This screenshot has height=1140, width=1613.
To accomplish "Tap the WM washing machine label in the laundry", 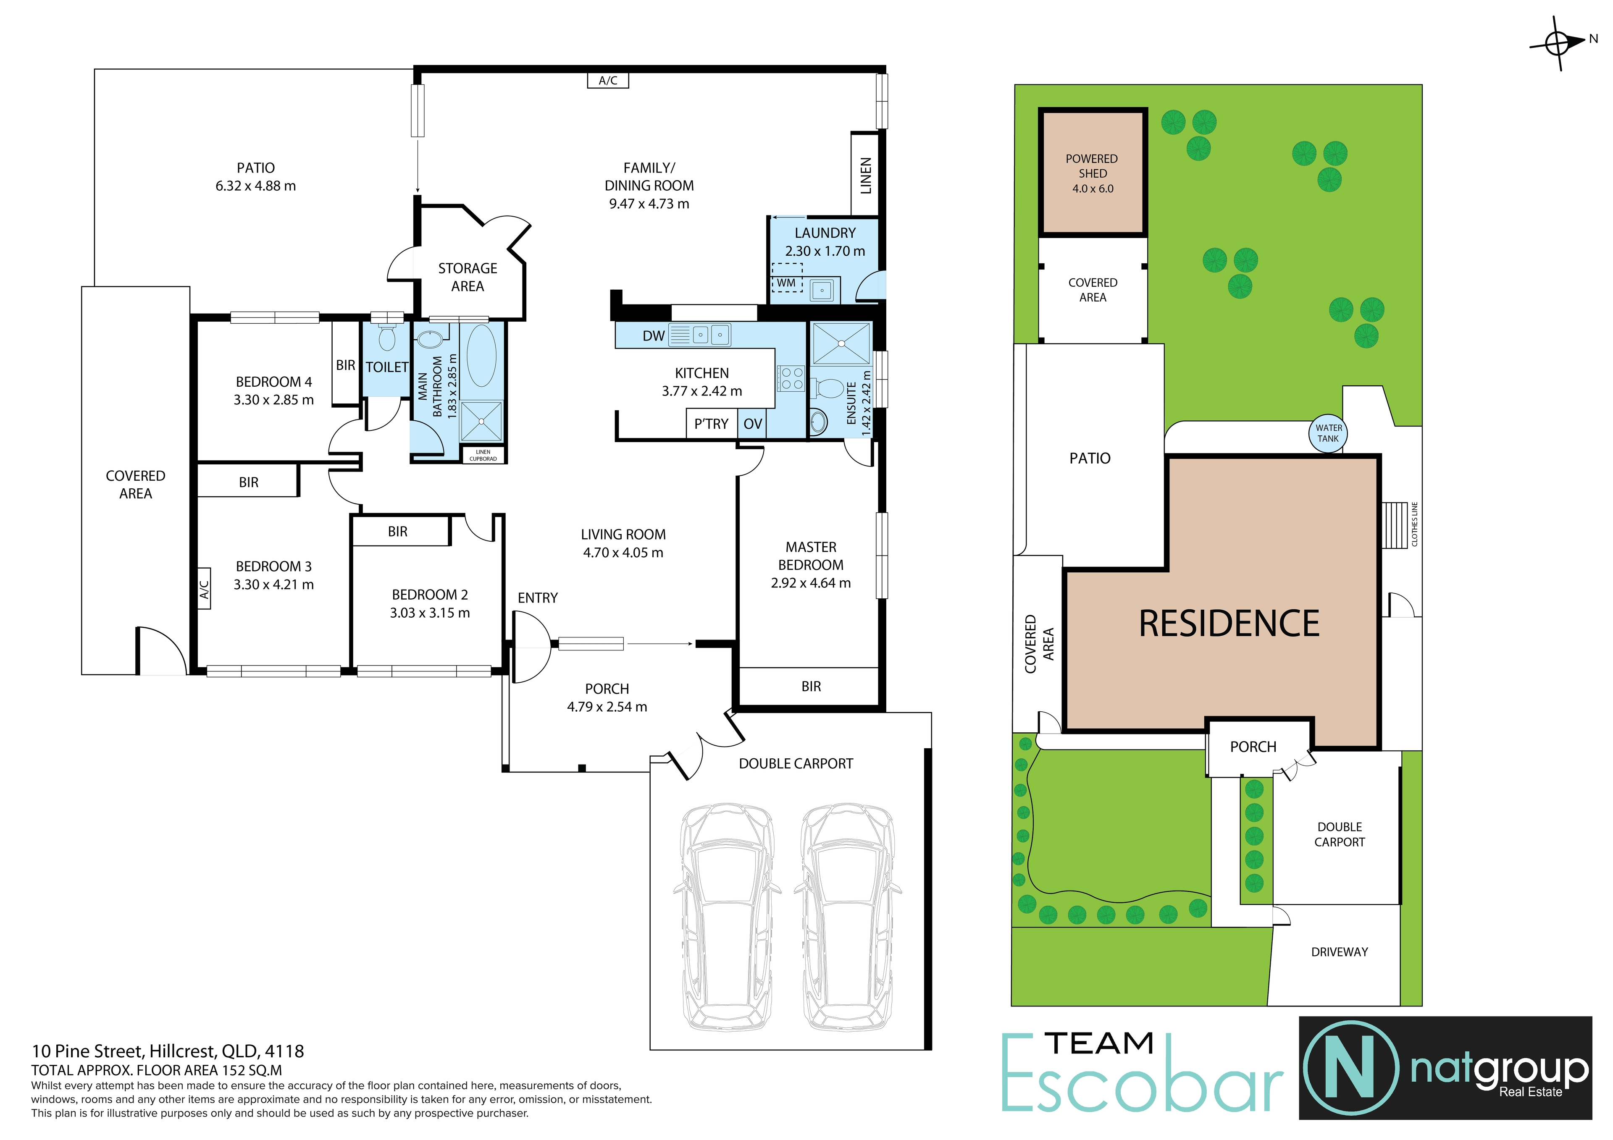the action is (786, 283).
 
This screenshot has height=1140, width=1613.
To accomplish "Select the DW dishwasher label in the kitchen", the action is (653, 336).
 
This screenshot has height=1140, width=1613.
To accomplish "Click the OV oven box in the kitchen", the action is (752, 424).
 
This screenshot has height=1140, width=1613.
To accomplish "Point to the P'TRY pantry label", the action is (711, 424).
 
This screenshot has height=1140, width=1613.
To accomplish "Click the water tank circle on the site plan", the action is (1328, 433).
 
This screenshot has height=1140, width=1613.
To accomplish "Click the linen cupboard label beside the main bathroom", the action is (483, 455).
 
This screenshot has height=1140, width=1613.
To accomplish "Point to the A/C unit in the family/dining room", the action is (608, 81).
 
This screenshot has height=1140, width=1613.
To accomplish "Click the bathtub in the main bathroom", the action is (481, 355).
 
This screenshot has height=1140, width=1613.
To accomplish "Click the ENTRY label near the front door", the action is (537, 598).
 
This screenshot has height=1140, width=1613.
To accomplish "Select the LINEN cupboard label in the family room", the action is (865, 176).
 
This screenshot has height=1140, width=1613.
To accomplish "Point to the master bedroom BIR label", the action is (811, 686).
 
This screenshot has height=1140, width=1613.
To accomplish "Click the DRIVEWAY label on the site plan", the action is (1339, 952).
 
